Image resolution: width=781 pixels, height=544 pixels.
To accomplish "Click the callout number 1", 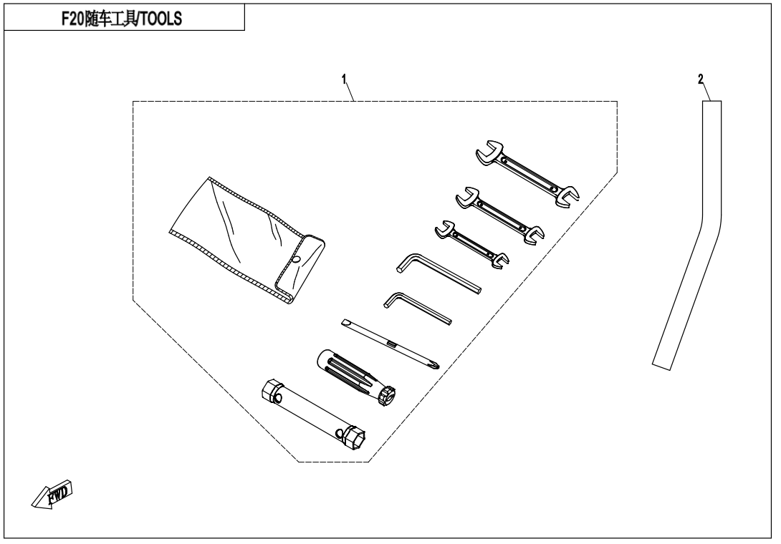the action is click(x=344, y=79).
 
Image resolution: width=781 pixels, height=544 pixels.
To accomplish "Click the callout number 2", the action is click(x=701, y=79).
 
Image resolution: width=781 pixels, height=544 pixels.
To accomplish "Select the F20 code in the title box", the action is click(x=72, y=19).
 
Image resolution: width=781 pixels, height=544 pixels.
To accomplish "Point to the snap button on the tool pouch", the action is click(x=297, y=259).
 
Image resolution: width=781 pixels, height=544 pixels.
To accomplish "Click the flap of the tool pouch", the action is click(x=300, y=268).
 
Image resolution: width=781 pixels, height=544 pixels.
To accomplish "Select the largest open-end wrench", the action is click(x=527, y=173).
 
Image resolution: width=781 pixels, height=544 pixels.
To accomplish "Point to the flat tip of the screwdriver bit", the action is click(x=345, y=323).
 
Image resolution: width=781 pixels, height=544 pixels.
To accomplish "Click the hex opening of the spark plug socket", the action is click(x=356, y=439).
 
